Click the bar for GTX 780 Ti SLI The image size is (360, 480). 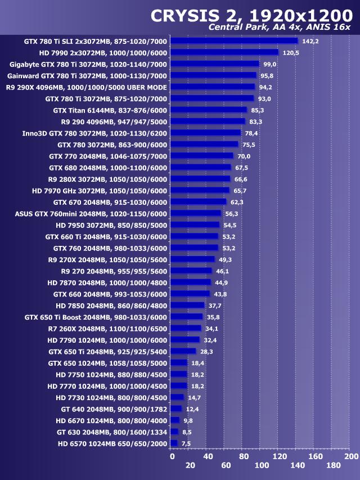(233, 41)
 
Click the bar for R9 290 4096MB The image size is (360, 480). (208, 122)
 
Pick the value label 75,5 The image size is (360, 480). (250, 145)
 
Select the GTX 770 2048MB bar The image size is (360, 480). (201, 156)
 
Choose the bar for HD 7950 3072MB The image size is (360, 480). (195, 225)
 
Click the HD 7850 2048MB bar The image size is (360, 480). (187, 306)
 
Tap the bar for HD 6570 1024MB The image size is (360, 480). (174, 443)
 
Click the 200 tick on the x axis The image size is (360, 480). (350, 456)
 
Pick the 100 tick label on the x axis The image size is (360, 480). (262, 465)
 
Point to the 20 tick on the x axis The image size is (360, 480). (190, 465)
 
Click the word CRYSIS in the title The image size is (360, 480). (187, 15)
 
